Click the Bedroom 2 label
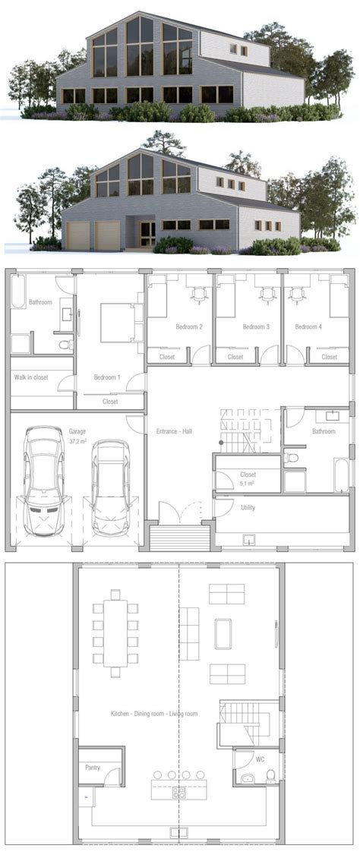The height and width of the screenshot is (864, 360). click(x=189, y=326)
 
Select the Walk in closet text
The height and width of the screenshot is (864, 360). click(x=31, y=377)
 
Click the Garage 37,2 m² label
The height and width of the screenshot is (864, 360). click(x=77, y=436)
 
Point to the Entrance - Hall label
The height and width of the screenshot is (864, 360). click(x=174, y=431)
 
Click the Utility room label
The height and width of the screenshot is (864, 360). click(x=248, y=507)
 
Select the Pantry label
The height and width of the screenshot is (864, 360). click(x=93, y=767)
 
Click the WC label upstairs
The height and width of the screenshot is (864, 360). click(x=261, y=758)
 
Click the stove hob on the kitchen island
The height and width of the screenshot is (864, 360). click(x=179, y=793)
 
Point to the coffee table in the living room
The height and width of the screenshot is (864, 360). click(x=223, y=634)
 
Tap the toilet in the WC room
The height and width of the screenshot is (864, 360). click(x=271, y=776)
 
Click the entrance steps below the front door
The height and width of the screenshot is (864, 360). click(x=180, y=538)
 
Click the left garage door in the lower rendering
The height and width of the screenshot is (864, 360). click(x=78, y=236)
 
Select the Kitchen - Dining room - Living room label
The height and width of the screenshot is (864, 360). click(x=154, y=714)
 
